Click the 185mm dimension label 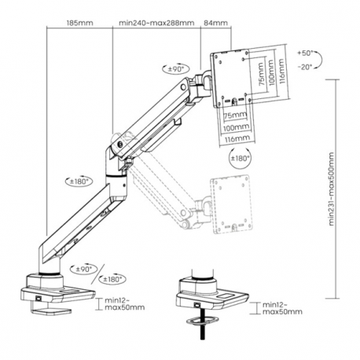(80, 23)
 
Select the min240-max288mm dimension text (156, 23)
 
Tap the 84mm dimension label (214, 23)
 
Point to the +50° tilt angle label (306, 53)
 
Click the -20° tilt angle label (306, 67)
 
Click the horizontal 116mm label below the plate (234, 138)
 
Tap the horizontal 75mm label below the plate (232, 115)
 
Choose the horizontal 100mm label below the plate (233, 126)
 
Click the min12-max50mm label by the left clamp (122, 303)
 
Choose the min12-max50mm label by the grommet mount (281, 308)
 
